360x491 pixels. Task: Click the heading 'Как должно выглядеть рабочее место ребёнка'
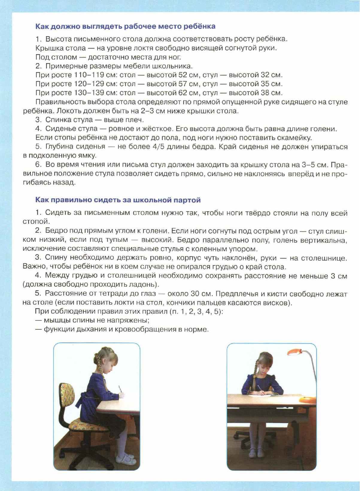[x=125, y=26]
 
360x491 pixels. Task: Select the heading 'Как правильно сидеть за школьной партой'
[x=118, y=200]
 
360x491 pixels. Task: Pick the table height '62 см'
[x=188, y=93]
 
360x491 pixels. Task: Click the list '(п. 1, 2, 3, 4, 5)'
[x=196, y=311]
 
